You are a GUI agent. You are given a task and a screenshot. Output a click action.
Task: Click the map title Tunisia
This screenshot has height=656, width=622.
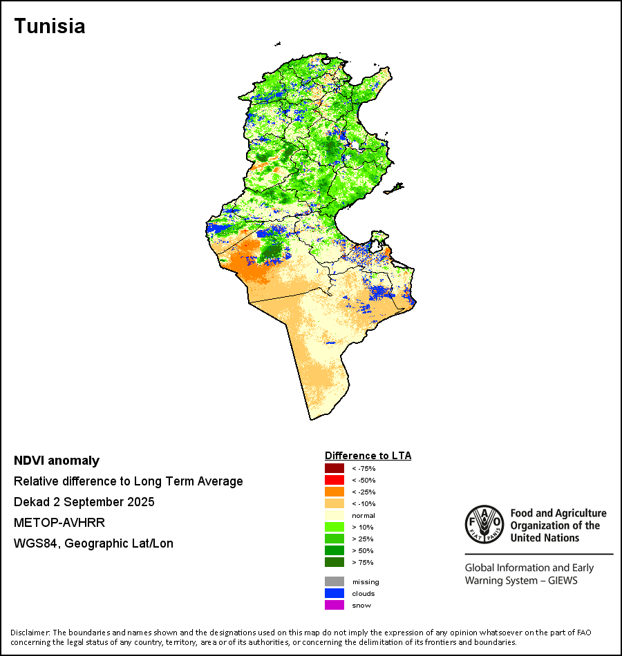click(x=50, y=26)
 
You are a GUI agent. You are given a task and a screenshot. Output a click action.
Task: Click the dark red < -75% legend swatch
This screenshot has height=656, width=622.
click(x=334, y=468)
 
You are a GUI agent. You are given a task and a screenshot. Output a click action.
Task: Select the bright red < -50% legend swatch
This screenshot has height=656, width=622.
click(x=334, y=480)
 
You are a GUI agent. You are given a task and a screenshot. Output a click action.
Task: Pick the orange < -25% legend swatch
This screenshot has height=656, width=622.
click(x=334, y=492)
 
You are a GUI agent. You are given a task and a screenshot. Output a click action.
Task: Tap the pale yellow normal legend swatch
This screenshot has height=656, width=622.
click(x=334, y=515)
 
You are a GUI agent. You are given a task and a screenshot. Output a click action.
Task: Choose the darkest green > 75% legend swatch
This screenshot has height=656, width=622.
click(x=334, y=562)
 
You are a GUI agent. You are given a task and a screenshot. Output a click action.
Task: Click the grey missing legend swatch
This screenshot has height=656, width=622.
click(x=334, y=581)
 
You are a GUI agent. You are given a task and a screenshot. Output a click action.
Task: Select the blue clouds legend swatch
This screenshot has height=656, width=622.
click(x=334, y=593)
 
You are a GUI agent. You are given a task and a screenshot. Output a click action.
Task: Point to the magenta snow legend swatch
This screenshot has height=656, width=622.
click(x=334, y=605)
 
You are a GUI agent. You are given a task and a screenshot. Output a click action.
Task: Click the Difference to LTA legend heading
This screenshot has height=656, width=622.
click(x=368, y=456)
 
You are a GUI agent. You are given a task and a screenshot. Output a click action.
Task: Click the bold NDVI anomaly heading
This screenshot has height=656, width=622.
click(x=57, y=461)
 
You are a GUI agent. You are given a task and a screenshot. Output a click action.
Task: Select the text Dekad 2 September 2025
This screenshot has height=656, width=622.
click(x=84, y=502)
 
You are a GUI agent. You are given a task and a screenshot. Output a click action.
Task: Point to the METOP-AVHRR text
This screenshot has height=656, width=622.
click(x=59, y=523)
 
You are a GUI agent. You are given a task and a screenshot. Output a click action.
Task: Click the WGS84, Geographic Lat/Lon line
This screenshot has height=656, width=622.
click(x=93, y=543)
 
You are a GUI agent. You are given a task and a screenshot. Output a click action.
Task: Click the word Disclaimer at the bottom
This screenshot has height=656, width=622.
click(x=28, y=633)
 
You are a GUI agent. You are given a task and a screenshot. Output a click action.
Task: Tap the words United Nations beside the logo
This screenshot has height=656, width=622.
click(x=544, y=538)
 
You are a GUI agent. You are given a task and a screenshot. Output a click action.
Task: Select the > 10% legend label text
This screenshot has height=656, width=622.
click(x=363, y=528)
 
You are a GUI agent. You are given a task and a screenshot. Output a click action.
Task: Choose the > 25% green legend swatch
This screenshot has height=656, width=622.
click(x=334, y=539)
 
